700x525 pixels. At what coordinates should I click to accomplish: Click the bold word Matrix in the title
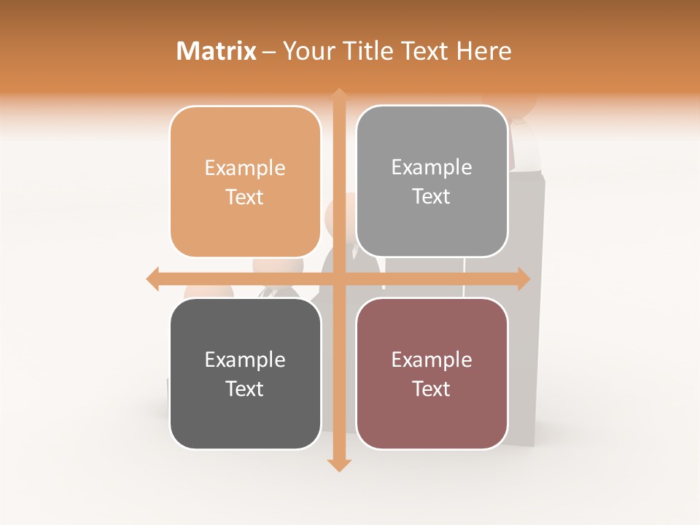tap(217, 51)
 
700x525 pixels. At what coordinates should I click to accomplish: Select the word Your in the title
tap(307, 51)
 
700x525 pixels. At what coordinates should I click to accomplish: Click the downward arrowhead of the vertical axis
tap(339, 464)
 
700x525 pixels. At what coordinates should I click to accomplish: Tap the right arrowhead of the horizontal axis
tap(524, 279)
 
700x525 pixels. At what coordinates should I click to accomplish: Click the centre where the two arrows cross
tap(339, 279)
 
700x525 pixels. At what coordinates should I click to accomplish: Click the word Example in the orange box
tap(245, 168)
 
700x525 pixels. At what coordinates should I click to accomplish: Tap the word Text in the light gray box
tap(432, 197)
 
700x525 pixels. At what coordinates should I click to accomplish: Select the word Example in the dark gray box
tap(245, 359)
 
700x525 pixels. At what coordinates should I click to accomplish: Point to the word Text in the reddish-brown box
tap(432, 389)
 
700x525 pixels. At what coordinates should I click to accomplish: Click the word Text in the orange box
tap(245, 197)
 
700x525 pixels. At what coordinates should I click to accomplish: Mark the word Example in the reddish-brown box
tap(432, 359)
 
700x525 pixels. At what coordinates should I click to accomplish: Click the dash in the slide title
tap(269, 52)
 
